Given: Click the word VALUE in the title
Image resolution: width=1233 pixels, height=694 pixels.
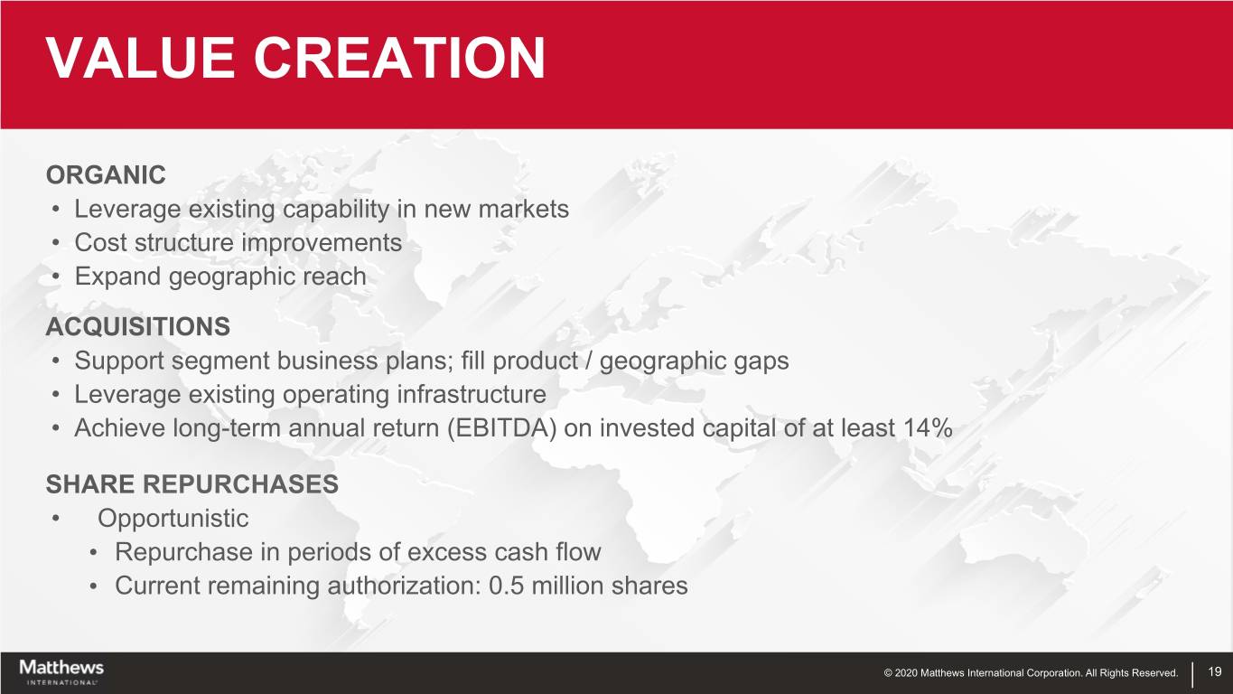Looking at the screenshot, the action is [x=141, y=58].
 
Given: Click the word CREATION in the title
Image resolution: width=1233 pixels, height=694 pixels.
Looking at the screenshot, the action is [x=399, y=58].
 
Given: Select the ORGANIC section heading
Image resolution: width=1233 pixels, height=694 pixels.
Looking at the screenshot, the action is [x=106, y=175].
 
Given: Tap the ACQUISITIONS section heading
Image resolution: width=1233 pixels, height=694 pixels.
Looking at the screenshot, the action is [x=138, y=326].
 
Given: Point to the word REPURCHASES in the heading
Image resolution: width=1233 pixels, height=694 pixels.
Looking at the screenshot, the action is [x=241, y=484].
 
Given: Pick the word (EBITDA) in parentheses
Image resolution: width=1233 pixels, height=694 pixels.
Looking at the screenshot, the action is [x=501, y=428].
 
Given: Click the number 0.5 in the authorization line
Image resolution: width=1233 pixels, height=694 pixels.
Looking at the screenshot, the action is [x=506, y=586].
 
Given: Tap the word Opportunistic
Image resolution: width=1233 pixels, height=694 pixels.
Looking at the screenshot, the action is [x=173, y=519].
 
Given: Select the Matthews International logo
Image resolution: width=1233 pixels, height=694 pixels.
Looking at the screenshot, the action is [x=61, y=672].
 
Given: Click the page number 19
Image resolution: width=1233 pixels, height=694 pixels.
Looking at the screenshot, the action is [x=1215, y=671].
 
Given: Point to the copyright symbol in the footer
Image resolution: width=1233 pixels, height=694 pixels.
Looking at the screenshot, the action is [x=888, y=673].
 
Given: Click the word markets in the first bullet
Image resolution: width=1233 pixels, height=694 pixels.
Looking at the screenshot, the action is [x=524, y=210].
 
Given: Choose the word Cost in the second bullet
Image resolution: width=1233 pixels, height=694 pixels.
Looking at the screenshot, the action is [x=99, y=243].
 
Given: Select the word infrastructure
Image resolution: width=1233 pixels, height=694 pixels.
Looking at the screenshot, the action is [x=472, y=394].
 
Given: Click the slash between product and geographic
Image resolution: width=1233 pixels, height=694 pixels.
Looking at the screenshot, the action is [x=589, y=361].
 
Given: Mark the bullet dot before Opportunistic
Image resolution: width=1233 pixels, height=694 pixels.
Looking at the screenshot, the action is [x=55, y=519].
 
